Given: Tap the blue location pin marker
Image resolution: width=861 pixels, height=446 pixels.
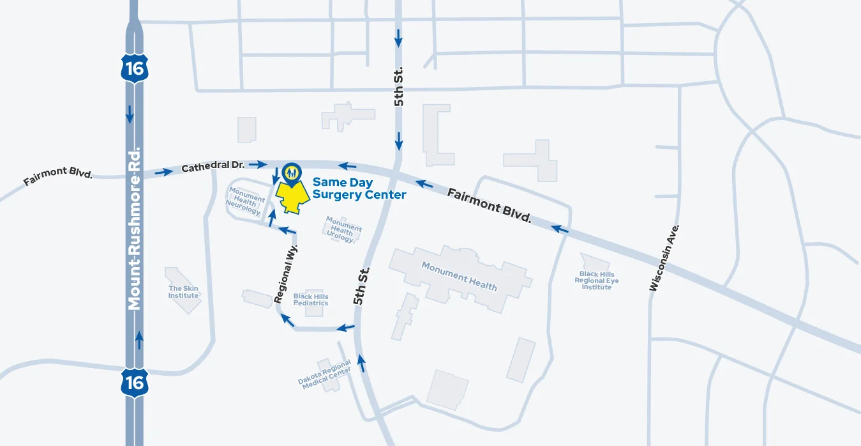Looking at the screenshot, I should click(292, 173).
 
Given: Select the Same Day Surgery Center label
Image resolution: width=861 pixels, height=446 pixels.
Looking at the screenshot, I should click(359, 189).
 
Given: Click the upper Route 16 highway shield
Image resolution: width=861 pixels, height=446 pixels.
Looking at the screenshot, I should click(135, 68).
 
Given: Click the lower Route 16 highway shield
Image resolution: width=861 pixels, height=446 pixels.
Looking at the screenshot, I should click(135, 382).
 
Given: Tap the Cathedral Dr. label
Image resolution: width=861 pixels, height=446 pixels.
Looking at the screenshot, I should click(213, 167).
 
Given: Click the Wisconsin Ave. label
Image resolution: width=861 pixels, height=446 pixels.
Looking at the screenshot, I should click(664, 258).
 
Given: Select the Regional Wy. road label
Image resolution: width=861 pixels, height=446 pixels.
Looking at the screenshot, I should click(286, 273).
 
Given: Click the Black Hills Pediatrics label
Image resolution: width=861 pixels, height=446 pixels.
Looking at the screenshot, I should click(311, 300).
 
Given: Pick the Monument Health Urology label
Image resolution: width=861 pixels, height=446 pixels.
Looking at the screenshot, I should click(343, 229).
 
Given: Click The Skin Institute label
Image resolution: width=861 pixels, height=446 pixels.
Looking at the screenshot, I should click(183, 292).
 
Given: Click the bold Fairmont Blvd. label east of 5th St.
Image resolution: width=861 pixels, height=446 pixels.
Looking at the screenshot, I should click(489, 204).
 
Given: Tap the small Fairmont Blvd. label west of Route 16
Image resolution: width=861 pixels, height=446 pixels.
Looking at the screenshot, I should click(58, 176).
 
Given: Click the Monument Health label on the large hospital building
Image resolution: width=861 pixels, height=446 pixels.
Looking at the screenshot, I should click(459, 275).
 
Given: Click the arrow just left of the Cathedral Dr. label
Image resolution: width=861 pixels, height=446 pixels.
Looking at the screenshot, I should click(163, 171).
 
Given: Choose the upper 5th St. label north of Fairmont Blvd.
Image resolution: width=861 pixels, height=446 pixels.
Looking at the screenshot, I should click(399, 88).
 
